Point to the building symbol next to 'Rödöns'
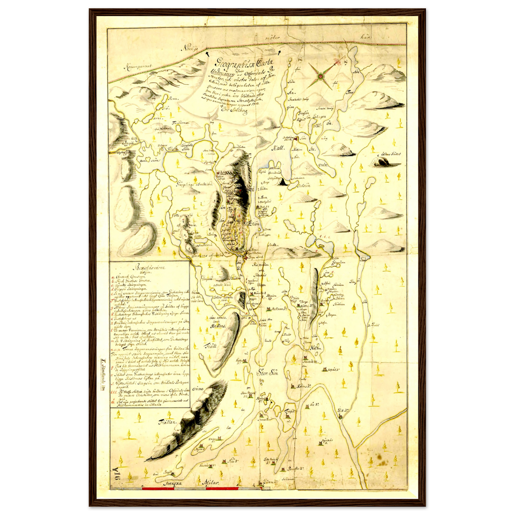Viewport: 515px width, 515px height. (293, 386)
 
